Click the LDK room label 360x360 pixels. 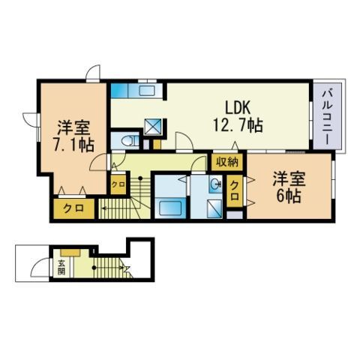pos(238,108)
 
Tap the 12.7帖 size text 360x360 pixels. pos(238,125)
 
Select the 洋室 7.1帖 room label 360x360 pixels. pos(73,136)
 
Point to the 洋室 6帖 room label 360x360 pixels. pos(289,187)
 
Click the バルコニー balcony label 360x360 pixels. pos(329,117)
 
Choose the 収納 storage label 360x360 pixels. pos(227,163)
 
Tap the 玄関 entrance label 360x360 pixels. pos(61,267)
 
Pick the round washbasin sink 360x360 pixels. pos(215,185)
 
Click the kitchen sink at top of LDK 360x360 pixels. pos(147,91)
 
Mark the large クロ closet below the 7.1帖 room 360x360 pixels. pos(74,208)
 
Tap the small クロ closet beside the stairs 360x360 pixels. pos(118,184)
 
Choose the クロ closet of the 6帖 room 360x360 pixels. pos(234,191)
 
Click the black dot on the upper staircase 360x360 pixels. pos(140,178)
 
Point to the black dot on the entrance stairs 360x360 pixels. pos(94,268)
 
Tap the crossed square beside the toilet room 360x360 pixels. pos(153,126)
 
